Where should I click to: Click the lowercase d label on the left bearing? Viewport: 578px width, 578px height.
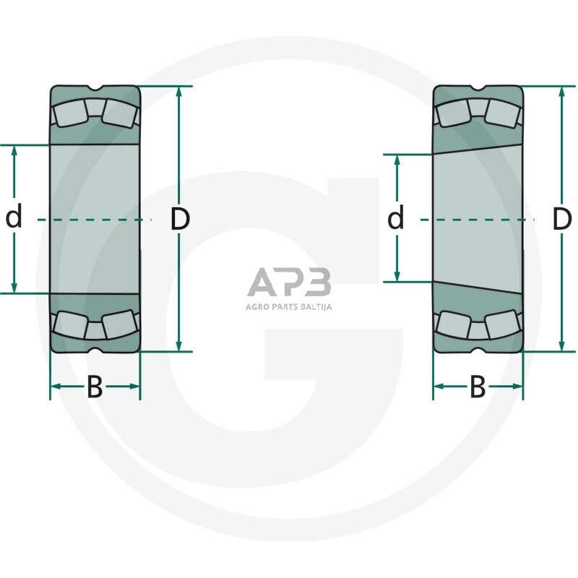[14, 217]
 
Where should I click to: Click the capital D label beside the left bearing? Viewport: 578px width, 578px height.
[180, 219]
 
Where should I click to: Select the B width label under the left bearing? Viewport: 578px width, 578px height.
[95, 387]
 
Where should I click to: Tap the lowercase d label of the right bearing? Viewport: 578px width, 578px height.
[395, 217]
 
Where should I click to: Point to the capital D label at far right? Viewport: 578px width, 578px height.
[561, 219]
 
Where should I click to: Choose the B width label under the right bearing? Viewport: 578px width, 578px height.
[478, 387]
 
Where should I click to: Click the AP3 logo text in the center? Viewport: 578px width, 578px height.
[289, 282]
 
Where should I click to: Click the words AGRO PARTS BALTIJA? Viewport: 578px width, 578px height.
[289, 306]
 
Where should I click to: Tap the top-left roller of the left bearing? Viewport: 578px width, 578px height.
[70, 113]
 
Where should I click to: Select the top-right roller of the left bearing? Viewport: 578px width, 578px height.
[119, 113]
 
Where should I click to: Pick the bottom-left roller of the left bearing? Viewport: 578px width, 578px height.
[70, 324]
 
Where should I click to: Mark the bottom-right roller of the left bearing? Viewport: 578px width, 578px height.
[119, 324]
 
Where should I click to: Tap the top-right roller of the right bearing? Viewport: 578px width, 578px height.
[502, 113]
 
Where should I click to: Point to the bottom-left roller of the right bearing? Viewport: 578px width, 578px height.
[453, 324]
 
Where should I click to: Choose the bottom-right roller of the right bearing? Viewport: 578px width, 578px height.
[502, 324]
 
